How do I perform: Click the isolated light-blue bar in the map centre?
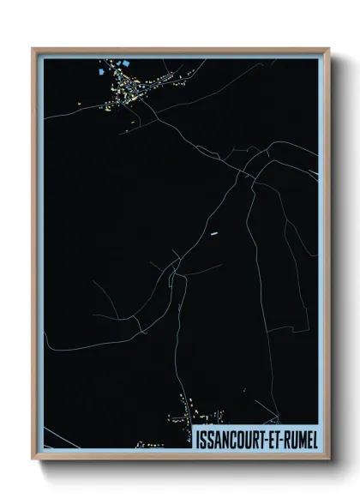click(214, 231)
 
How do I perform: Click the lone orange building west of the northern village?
click(79, 105)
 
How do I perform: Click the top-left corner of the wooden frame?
click(33, 49)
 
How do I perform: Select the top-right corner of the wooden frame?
click(328, 49)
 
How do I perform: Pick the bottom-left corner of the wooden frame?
click(33, 459)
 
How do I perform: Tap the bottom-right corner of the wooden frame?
click(328, 459)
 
